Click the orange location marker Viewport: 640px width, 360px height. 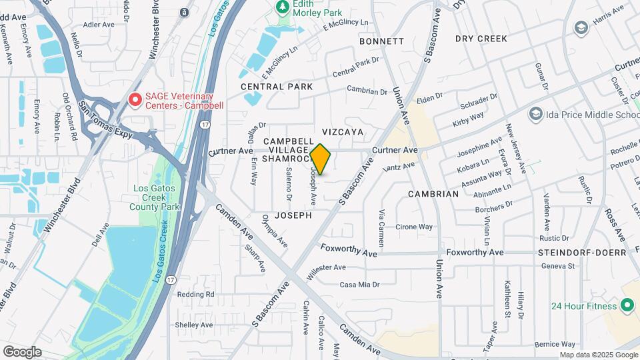click(321, 160)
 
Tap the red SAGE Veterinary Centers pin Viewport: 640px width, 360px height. click(135, 100)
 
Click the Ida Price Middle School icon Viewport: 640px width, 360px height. click(535, 115)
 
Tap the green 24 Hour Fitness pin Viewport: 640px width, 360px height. click(627, 306)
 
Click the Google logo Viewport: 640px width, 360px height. click(22, 351)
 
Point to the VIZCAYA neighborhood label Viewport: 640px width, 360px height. click(343, 132)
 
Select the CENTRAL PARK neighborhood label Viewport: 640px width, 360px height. click(277, 87)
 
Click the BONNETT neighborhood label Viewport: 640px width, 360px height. click(381, 41)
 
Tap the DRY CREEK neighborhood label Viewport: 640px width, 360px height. click(482, 39)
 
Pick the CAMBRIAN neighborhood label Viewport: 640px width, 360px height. click(433, 194)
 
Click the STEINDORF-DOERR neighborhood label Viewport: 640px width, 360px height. click(582, 253)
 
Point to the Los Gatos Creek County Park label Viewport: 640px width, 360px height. click(157, 198)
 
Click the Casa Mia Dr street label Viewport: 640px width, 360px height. click(359, 285)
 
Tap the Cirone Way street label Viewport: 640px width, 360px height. click(414, 227)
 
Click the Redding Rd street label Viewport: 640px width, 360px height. click(195, 294)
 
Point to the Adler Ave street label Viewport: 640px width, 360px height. click(99, 25)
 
